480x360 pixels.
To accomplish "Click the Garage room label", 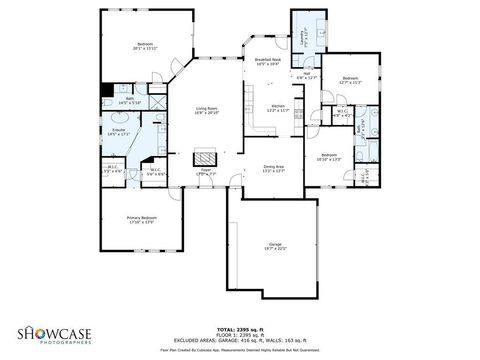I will point(275,244).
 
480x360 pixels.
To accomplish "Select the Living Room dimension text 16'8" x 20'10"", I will point(207,112).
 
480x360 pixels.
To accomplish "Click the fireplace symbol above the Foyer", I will point(205,158).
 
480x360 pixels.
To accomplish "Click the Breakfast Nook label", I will point(268,60).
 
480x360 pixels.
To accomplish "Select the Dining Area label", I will point(273,166).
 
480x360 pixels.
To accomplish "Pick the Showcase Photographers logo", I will point(54,336).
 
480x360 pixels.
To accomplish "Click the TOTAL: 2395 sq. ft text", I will point(240,329).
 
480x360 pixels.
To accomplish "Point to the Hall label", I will point(307,74).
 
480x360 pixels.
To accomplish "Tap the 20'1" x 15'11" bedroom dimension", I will point(145,48).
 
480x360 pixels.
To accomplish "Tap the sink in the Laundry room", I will point(322,32).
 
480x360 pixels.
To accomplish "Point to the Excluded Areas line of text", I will point(240,340).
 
